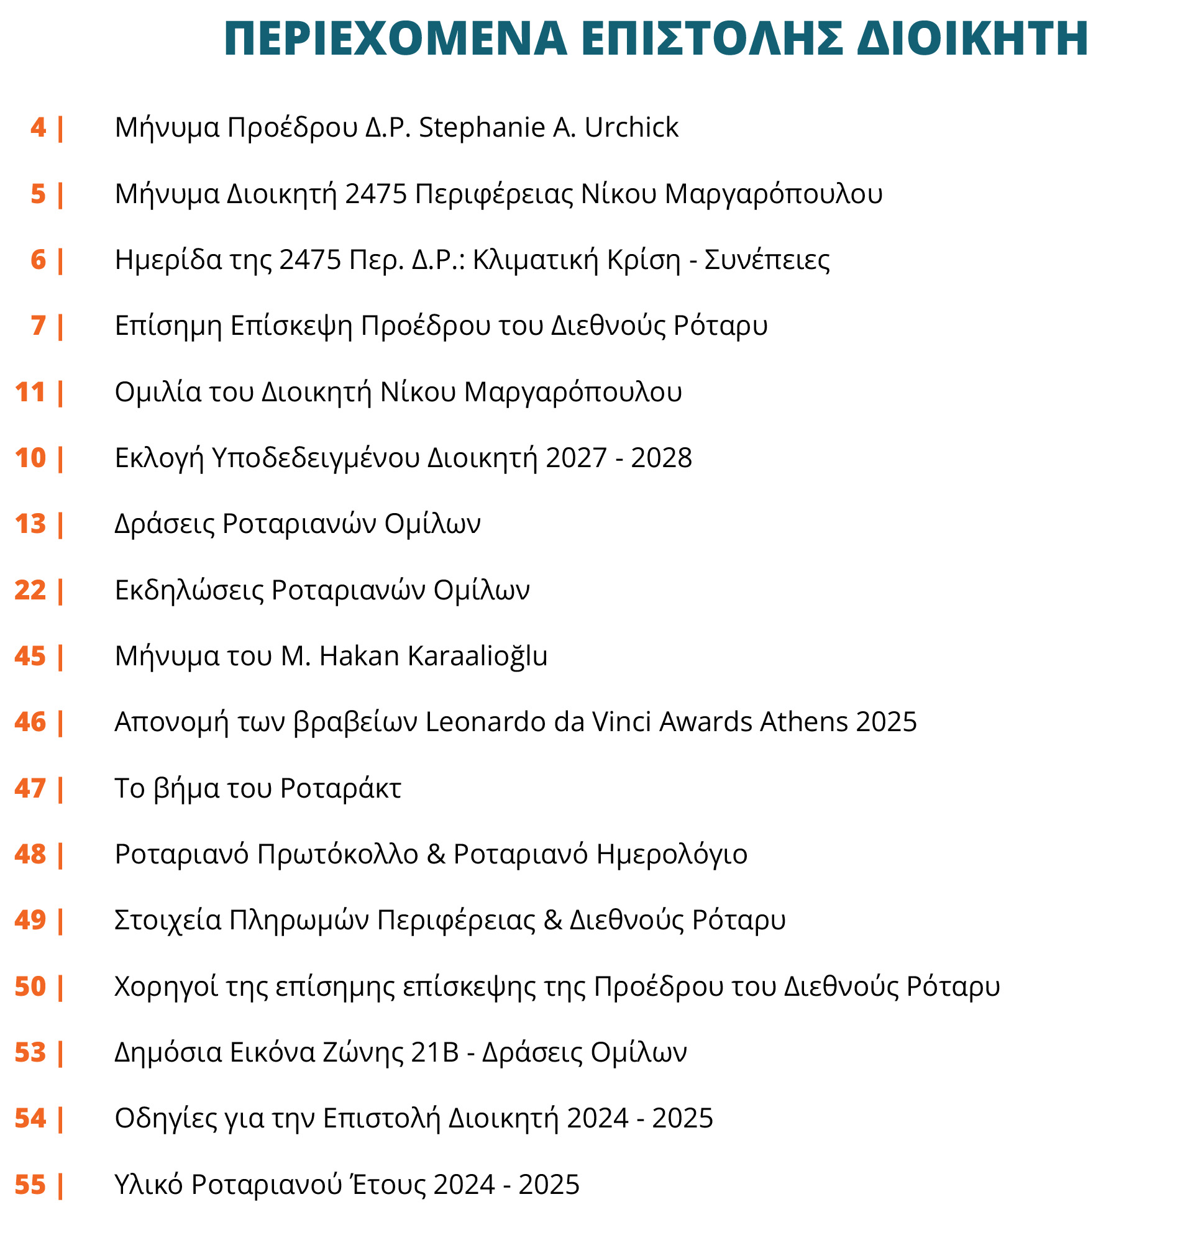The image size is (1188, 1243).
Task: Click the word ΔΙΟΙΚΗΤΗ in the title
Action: pos(972,39)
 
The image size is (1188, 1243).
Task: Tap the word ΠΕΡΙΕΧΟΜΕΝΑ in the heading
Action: pos(395,39)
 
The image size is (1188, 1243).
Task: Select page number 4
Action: pos(38,128)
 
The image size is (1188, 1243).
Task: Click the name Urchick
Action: pos(631,128)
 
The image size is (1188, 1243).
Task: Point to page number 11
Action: pos(30,393)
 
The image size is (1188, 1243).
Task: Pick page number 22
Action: pos(30,591)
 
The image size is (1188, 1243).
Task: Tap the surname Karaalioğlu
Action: pos(477,657)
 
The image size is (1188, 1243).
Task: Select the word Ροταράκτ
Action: pos(340,789)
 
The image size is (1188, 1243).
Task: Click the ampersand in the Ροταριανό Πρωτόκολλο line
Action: pos(436,855)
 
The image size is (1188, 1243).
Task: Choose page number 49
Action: pos(30,921)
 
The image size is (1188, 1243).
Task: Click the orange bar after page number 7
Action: pos(61,327)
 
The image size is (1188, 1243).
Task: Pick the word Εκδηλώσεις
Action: pos(190,591)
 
